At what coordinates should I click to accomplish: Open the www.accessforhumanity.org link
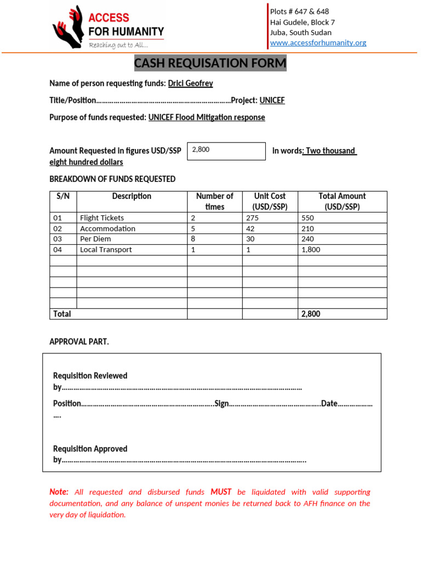[318, 43]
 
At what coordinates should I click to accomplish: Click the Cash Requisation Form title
[210, 64]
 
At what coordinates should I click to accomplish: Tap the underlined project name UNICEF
[272, 100]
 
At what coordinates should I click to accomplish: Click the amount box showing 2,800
[226, 151]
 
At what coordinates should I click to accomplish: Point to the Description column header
[132, 196]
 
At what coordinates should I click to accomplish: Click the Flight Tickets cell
[102, 217]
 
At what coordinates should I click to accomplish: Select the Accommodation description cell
[107, 228]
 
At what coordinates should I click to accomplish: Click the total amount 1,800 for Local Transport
[310, 249]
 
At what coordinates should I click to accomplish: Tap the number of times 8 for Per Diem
[193, 239]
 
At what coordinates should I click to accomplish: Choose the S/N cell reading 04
[58, 249]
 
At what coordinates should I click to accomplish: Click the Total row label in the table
[62, 314]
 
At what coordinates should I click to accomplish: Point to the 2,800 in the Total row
[310, 314]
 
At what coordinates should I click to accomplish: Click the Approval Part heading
[79, 341]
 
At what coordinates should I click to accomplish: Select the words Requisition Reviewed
[90, 376]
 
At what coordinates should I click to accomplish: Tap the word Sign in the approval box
[221, 404]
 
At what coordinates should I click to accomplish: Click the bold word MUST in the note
[221, 492]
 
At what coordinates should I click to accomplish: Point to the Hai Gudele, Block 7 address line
[302, 22]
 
